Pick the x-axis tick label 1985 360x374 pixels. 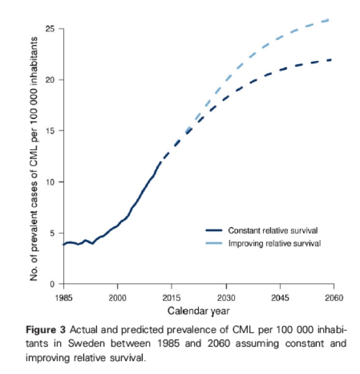[63, 297]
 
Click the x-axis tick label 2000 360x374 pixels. [117, 297]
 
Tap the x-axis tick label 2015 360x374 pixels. [172, 297]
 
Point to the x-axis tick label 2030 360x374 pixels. [226, 297]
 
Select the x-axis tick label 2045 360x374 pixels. [279, 297]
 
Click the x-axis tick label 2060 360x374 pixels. [333, 297]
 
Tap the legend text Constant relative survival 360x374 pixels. [273, 230]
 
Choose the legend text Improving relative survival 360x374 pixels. [274, 243]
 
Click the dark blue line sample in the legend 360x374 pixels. [213, 230]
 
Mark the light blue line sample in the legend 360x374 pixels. [213, 243]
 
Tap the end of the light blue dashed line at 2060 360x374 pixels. [332, 19]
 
